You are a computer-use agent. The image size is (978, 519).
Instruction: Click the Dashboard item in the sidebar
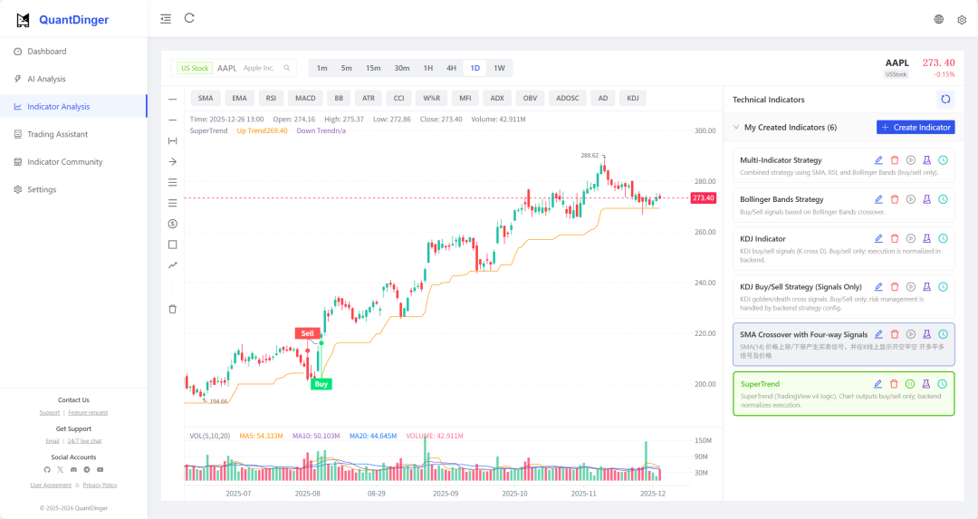(46, 52)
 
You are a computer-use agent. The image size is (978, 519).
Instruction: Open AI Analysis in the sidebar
(46, 79)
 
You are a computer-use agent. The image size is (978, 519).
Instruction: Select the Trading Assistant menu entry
(57, 134)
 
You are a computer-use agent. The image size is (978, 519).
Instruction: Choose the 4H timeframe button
(451, 68)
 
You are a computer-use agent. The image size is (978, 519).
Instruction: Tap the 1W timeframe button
(499, 68)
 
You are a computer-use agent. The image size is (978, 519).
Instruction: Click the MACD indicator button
(305, 98)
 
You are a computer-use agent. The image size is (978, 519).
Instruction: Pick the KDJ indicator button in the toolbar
(633, 98)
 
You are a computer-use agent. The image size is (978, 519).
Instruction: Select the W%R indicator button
(431, 98)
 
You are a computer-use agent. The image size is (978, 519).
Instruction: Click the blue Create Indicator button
(916, 128)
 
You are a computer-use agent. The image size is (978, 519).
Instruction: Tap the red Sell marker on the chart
(307, 333)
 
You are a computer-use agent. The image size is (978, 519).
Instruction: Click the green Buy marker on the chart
(321, 384)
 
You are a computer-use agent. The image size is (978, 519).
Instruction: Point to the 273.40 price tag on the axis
(704, 197)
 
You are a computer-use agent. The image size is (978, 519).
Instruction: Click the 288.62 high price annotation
(590, 155)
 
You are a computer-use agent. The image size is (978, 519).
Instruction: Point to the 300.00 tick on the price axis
(705, 130)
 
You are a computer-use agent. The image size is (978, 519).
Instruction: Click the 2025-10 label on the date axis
(514, 494)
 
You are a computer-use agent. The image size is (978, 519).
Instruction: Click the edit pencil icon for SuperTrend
(878, 384)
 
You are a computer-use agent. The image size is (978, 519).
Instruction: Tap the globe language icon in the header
(939, 19)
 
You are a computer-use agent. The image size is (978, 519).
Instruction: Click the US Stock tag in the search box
(195, 68)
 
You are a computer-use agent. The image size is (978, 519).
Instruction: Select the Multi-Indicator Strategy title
(781, 160)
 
